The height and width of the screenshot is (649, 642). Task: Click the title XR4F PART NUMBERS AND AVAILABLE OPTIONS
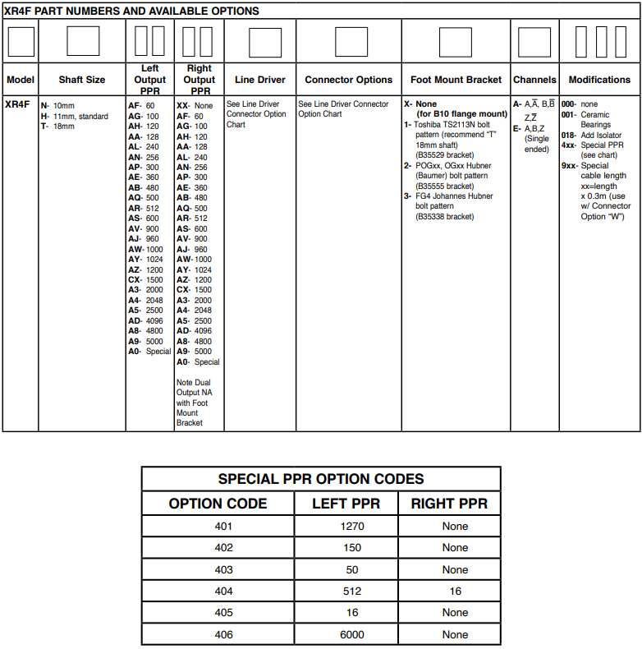point(132,12)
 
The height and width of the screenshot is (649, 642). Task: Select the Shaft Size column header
point(82,80)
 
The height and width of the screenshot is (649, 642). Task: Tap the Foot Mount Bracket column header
point(456,80)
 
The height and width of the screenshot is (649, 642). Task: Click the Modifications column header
point(599,80)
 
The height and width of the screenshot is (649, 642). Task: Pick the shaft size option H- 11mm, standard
point(75,116)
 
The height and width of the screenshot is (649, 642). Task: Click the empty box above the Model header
point(21,41)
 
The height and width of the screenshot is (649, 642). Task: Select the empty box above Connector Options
point(348,41)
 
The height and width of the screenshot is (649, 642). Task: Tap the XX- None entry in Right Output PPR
point(195,106)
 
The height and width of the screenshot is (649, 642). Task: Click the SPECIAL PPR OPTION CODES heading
point(321,479)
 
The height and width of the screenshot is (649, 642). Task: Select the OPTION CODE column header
point(218,504)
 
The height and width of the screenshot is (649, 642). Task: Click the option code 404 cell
point(223,591)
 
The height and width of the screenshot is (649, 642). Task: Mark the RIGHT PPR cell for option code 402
point(455,548)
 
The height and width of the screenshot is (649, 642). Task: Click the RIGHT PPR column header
point(449,504)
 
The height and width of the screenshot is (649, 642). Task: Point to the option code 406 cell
point(223,634)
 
